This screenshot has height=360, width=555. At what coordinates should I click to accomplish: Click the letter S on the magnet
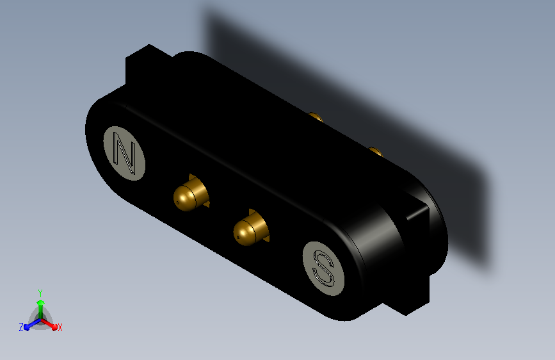coord(323,268)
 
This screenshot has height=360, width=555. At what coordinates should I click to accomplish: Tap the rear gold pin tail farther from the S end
coord(315,117)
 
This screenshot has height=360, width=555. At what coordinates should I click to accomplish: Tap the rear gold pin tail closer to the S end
coord(375,152)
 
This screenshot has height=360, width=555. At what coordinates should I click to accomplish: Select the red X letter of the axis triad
coord(60,328)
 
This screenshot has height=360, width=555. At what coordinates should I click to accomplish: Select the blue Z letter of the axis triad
coord(21,327)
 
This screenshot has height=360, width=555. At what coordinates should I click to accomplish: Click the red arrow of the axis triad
coord(51,323)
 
